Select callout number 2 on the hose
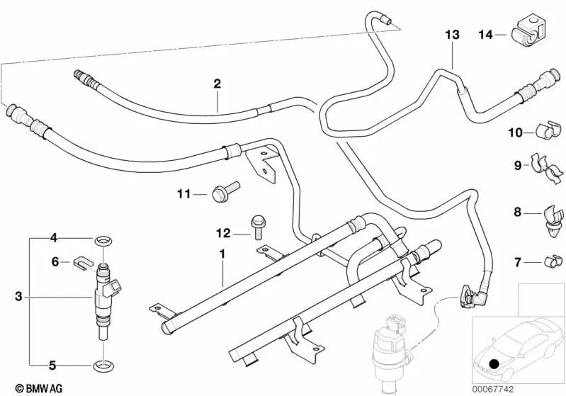point(217,84)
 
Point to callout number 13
point(453,34)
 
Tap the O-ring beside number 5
point(103,366)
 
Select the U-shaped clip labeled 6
point(81,263)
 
